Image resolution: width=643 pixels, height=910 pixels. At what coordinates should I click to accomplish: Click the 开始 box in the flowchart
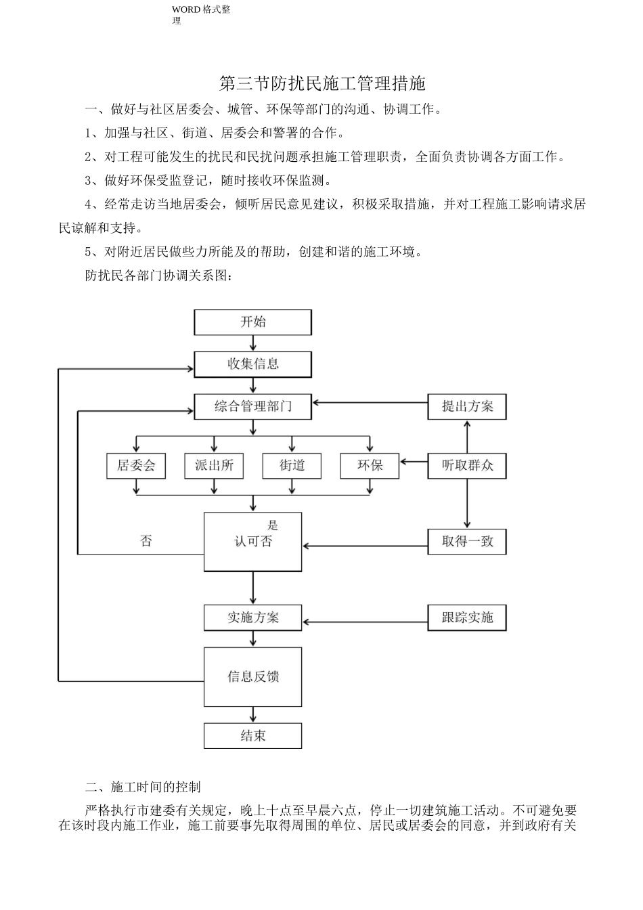coord(252,322)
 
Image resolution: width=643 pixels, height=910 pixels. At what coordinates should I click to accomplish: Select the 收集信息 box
coord(252,364)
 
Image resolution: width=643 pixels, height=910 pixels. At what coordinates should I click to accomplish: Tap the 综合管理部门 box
coord(252,407)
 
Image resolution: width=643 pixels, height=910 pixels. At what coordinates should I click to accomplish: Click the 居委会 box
coord(136,466)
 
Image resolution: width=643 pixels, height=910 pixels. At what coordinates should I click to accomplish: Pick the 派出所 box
coord(214,466)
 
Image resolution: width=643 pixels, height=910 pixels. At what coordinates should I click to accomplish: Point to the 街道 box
coord(292,466)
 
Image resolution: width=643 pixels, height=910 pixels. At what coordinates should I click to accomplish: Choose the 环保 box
coord(370,466)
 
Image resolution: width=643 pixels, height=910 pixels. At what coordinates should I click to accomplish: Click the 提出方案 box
coord(467,407)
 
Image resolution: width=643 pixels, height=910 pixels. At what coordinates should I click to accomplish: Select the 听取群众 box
coord(467,466)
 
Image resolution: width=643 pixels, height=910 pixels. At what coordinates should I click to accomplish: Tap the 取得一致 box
coord(467,542)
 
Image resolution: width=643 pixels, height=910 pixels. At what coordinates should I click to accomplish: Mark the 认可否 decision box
coord(252,542)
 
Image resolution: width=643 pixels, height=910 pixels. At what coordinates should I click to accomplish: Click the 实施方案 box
coord(252,618)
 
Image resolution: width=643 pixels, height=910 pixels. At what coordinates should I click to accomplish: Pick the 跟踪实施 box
coord(467,618)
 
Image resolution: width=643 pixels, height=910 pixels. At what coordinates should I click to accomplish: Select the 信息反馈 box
coord(252,676)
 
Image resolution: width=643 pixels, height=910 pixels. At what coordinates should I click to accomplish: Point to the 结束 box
coord(252,736)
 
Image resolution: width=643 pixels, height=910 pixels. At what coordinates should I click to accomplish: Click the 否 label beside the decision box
coord(146,542)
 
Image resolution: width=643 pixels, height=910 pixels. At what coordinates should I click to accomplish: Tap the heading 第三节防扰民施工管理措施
coord(322,84)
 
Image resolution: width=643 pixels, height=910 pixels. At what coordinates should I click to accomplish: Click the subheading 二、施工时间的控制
coord(143,787)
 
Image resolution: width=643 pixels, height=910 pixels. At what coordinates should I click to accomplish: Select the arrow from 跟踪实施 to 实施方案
coord(365,621)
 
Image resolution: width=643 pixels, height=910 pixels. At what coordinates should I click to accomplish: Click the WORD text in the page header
coord(185,9)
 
